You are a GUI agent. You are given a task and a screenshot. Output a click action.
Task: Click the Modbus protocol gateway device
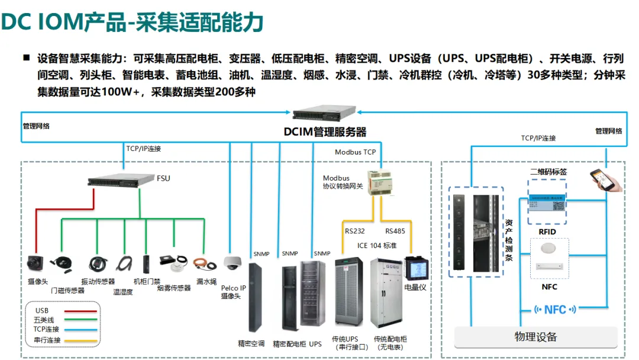point(379,181)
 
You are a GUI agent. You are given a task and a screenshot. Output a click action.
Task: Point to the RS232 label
point(355,231)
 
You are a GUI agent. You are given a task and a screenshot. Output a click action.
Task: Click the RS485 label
point(395,231)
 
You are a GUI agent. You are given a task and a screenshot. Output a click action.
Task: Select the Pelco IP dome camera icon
point(232,262)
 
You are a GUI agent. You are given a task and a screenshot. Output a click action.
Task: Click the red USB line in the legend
point(80,310)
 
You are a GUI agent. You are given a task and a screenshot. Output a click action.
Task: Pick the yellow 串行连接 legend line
point(80,340)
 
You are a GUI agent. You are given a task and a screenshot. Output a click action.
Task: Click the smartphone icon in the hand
point(603,179)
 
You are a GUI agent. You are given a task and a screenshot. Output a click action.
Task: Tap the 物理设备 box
point(535,337)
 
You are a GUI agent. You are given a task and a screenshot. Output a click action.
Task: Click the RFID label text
point(547,232)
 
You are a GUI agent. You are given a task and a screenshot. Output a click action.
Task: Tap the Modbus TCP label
point(355,152)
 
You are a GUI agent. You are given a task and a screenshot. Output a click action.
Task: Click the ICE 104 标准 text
point(377,245)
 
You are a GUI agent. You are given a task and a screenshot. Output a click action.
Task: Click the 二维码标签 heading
point(548,172)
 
